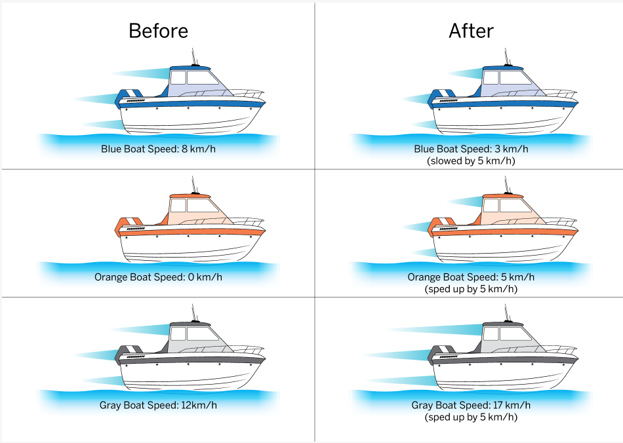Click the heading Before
pyautogui.click(x=158, y=31)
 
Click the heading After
pyautogui.click(x=471, y=31)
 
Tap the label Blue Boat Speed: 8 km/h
pyautogui.click(x=158, y=149)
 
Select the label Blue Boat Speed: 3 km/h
pyautogui.click(x=471, y=149)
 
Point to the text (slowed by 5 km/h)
pyautogui.click(x=471, y=161)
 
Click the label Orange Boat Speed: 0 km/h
pyautogui.click(x=158, y=277)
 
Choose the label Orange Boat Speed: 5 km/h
pyautogui.click(x=471, y=277)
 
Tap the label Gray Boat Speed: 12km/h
pyautogui.click(x=158, y=405)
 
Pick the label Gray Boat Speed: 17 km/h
pyautogui.click(x=471, y=405)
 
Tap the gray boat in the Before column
pyautogui.click(x=190, y=360)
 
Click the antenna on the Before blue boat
pyautogui.click(x=193, y=55)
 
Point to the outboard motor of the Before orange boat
pyautogui.click(x=128, y=226)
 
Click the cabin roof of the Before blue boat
pyautogui.click(x=190, y=68)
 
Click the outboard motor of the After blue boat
pyautogui.click(x=441, y=98)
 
